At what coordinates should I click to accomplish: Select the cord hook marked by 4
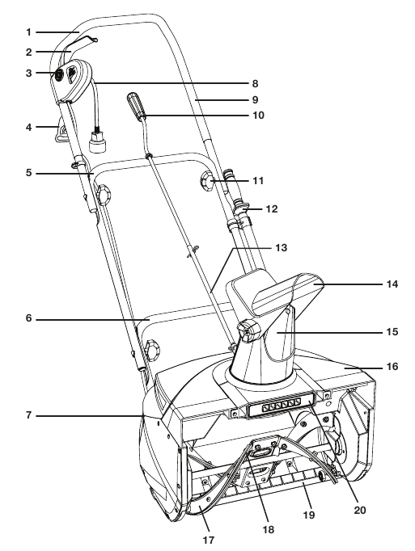tap(59, 130)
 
